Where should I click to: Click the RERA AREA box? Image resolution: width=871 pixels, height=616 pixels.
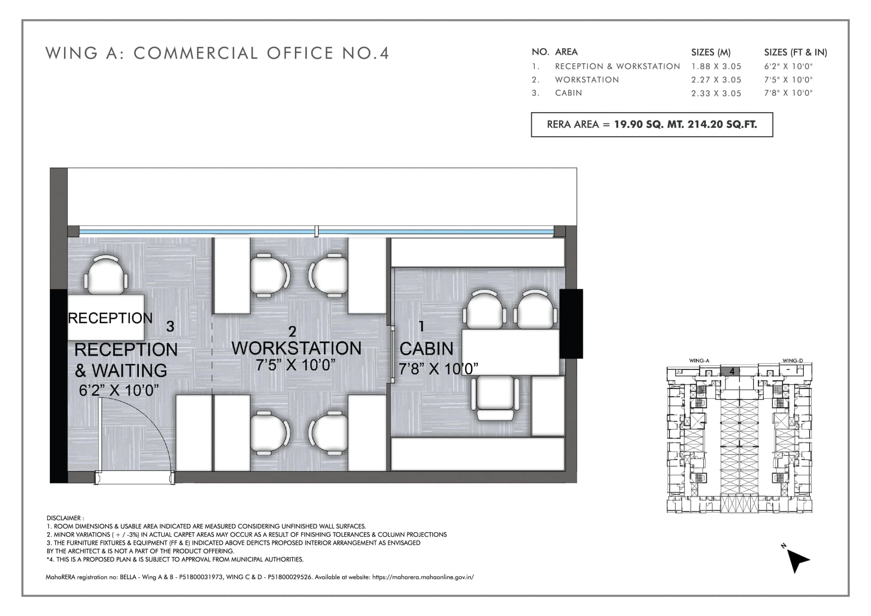click(x=652, y=124)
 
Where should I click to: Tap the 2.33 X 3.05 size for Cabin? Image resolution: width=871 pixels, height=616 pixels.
click(x=716, y=93)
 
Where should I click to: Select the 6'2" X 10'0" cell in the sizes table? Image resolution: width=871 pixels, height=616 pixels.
click(x=788, y=66)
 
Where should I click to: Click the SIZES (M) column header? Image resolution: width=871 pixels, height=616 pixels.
click(x=711, y=52)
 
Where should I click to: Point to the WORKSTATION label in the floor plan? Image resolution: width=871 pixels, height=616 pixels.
click(x=297, y=348)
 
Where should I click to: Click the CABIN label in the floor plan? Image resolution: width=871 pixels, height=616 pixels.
click(x=426, y=349)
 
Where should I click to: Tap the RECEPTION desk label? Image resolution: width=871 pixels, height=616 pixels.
click(x=110, y=318)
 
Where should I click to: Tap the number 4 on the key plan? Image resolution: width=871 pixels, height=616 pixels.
click(x=732, y=371)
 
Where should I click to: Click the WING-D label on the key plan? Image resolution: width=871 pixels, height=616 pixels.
click(x=793, y=361)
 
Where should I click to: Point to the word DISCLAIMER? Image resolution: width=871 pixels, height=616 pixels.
click(x=64, y=518)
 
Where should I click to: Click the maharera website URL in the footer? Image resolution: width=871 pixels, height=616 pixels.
click(x=423, y=577)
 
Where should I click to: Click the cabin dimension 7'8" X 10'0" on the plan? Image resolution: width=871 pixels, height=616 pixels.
click(x=438, y=369)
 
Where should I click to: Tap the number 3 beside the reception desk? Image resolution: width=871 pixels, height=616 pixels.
click(x=170, y=326)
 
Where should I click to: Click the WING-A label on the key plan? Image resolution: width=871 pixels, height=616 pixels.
click(x=699, y=361)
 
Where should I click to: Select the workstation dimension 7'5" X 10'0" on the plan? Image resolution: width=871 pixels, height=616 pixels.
click(x=295, y=365)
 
